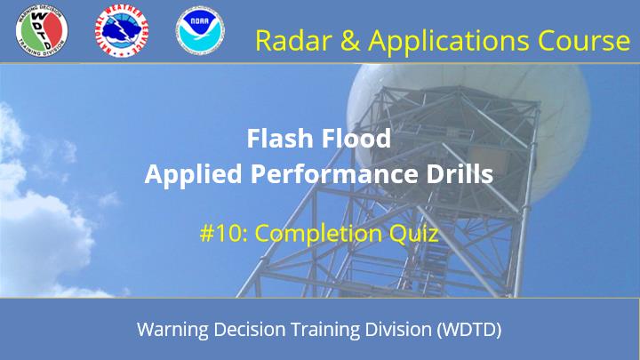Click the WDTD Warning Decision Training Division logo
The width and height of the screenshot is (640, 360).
coord(42,31)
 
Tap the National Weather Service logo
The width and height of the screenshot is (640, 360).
coord(122,31)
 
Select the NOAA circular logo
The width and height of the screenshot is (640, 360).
coord(200,30)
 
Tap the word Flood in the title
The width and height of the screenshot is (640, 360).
coord(355,138)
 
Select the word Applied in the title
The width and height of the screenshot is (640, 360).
coord(194,174)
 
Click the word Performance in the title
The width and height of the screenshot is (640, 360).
coord(335,174)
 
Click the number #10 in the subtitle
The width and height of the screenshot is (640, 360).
coord(224,234)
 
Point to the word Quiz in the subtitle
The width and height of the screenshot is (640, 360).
coord(413,235)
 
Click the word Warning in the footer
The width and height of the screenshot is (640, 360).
coord(172,330)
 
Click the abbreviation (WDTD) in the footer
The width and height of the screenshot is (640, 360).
coord(469,330)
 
